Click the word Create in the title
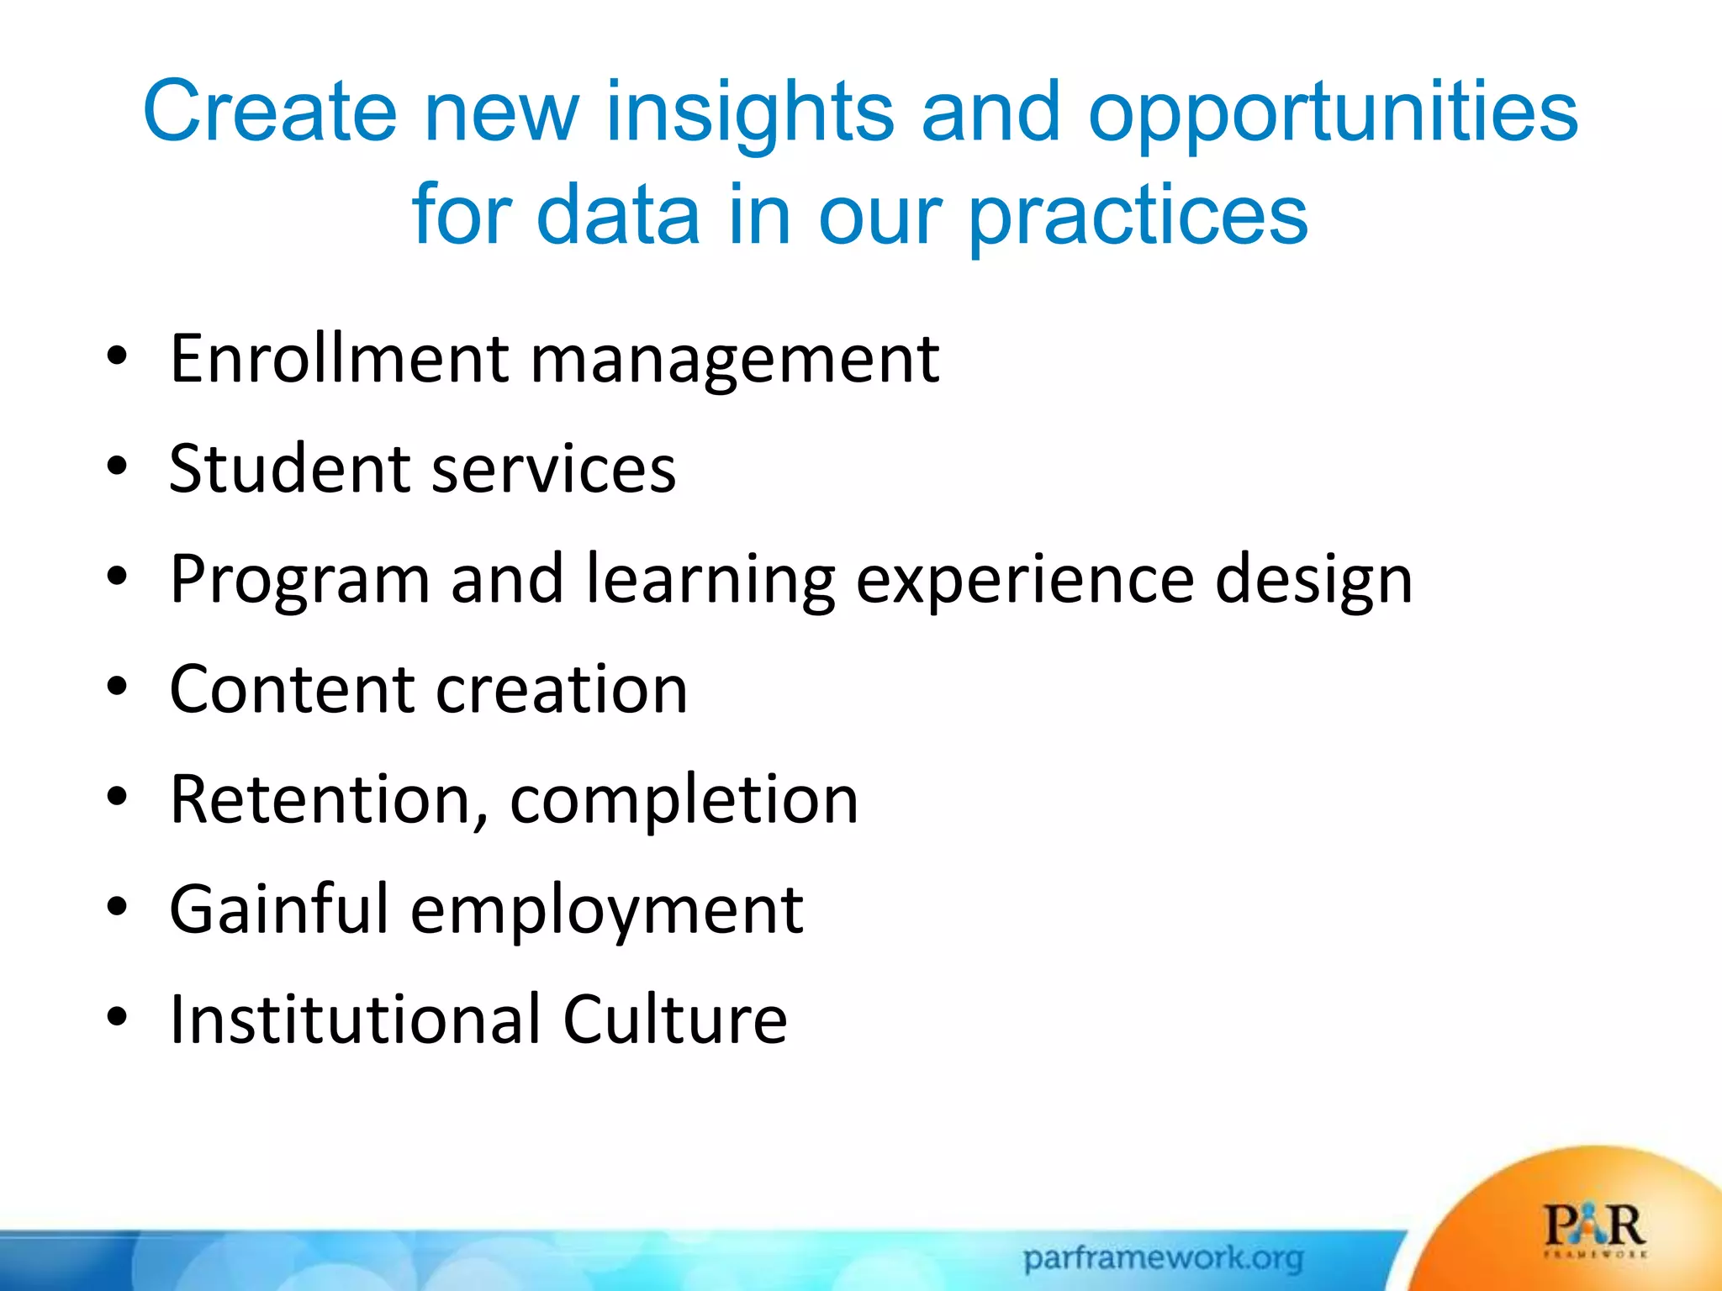click(269, 112)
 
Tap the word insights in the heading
click(749, 112)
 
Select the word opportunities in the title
click(1333, 112)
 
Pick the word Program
click(299, 579)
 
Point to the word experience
click(1025, 579)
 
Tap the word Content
click(291, 689)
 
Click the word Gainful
click(278, 909)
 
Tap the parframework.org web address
click(1163, 1258)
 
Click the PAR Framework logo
click(1594, 1230)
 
